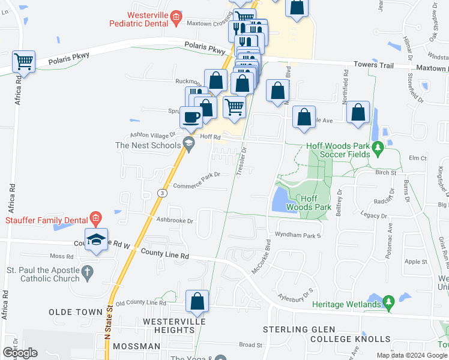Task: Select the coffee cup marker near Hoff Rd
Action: pos(191,118)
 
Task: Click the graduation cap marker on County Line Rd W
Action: pos(96,240)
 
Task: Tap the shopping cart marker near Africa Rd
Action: pos(24,61)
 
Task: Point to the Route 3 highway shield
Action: pos(162,193)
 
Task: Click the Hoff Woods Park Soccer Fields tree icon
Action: pos(378,146)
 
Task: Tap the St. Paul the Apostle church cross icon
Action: pos(87,271)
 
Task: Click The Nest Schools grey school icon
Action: pos(188,143)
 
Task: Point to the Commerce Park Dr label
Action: pos(197,185)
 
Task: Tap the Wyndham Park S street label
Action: pos(298,235)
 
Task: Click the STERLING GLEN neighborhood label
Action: pos(294,330)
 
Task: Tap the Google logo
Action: pos(19,353)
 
